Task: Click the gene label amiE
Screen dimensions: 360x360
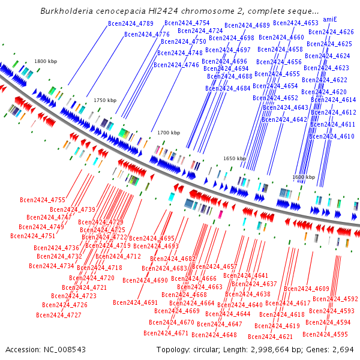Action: (x=329, y=19)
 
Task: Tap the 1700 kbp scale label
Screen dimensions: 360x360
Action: (x=169, y=133)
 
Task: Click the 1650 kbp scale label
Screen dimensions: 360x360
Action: (x=235, y=158)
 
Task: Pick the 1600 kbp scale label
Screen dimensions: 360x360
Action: (x=304, y=178)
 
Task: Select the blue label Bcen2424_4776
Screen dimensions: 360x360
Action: (x=147, y=35)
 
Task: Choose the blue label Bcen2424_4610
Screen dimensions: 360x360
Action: (x=332, y=137)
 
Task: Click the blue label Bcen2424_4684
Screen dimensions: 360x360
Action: (x=228, y=88)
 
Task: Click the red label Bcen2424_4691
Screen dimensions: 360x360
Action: (x=135, y=302)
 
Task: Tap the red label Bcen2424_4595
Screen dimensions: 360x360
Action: (x=325, y=334)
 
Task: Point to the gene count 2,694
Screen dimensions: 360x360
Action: (x=344, y=349)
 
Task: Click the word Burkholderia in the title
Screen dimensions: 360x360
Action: (x=64, y=11)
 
